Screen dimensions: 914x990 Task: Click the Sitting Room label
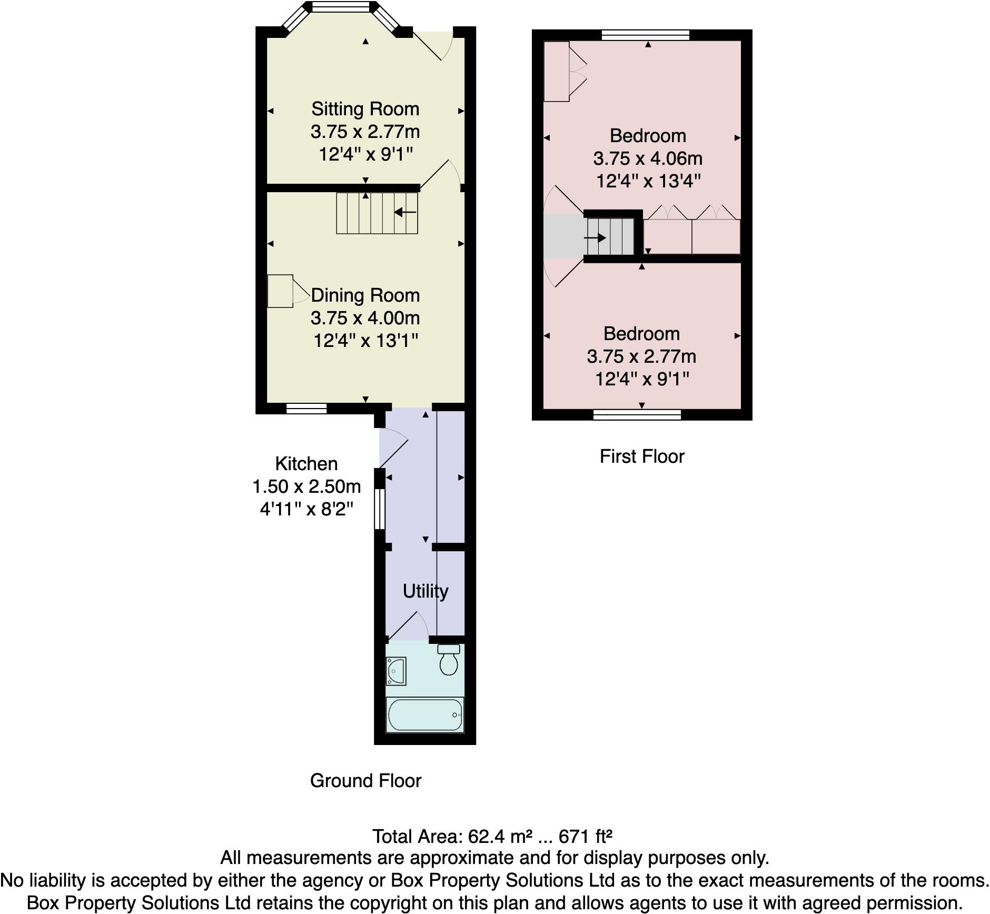[365, 109]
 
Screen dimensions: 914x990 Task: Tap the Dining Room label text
[365, 295]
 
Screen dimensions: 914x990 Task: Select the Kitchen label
[306, 464]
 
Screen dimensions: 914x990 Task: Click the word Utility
[425, 591]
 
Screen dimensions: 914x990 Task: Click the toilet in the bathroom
[449, 661]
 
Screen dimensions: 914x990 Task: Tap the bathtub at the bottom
[424, 715]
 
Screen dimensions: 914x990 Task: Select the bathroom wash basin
[395, 671]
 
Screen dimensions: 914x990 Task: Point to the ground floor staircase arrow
[405, 212]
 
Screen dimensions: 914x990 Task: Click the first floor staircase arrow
[595, 238]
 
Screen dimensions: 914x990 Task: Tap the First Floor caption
[641, 456]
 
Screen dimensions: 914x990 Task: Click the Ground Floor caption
[365, 781]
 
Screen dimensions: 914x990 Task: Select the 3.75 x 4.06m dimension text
[647, 158]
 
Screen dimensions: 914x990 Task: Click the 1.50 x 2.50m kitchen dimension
[306, 486]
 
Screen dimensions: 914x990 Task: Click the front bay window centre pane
[341, 7]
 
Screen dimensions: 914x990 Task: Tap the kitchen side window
[379, 509]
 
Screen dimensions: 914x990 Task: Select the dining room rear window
[306, 408]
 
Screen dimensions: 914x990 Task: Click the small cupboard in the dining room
[280, 291]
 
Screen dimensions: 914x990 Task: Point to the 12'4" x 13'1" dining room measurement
[365, 341]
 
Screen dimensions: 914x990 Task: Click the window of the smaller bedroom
[637, 415]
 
